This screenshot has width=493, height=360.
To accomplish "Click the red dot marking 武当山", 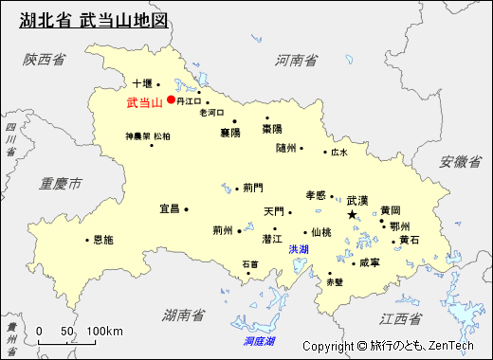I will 171,99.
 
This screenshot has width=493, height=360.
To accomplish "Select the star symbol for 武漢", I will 353,216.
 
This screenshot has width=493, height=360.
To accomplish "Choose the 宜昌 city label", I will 169,208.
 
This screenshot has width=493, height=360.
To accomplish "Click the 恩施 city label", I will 102,240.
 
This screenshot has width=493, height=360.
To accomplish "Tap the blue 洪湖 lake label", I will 299,249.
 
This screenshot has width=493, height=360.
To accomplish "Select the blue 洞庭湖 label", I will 258,340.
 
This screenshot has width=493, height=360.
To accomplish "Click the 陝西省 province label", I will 45,60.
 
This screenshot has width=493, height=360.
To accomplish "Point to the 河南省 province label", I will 296,60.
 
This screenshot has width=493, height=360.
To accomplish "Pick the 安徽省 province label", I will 460,162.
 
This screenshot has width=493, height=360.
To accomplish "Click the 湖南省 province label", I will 183,314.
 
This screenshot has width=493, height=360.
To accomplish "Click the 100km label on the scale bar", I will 104,331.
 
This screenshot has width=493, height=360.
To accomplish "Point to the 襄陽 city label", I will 230,133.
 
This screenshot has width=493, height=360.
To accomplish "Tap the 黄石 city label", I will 409,240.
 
